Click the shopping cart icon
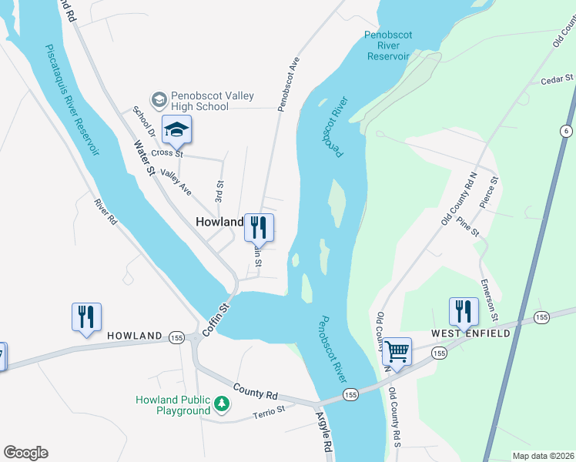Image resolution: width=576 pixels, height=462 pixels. point(397,351)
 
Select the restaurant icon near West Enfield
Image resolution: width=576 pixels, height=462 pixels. point(463,312)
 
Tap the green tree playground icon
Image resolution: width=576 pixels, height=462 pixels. point(222,403)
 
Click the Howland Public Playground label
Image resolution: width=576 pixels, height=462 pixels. point(173,405)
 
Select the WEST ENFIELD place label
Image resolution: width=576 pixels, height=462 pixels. point(471,333)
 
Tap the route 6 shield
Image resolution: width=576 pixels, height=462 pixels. point(567,131)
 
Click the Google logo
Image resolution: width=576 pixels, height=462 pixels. point(25,453)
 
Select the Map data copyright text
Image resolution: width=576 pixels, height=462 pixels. point(543,456)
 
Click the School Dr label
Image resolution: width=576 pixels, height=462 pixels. point(145,124)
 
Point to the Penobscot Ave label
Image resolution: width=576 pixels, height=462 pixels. point(286,82)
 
